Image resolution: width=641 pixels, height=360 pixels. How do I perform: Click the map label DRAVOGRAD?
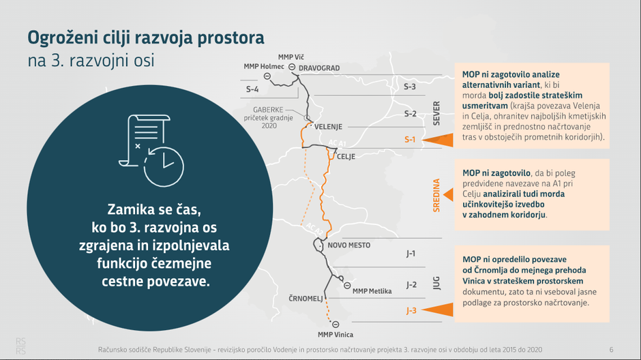coord(319,68)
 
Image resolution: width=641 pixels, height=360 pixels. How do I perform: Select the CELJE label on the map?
coord(346,157)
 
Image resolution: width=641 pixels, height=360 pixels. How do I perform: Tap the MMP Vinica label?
coord(336,334)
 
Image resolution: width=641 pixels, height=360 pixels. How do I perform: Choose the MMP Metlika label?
coord(372,291)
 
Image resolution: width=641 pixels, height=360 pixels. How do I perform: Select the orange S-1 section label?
coord(410,140)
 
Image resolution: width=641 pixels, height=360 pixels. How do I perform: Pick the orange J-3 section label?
coord(411,311)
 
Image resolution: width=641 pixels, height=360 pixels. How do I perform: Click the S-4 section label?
coord(252,89)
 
